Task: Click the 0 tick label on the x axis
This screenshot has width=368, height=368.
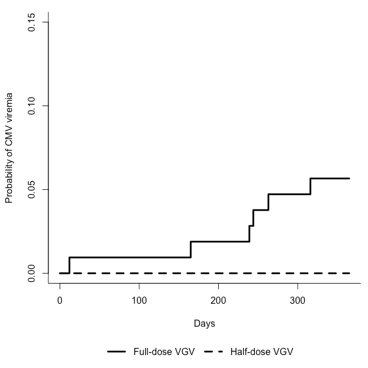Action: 60,300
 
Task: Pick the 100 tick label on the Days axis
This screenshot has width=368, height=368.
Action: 139,300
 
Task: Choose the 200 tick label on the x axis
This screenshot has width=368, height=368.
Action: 218,300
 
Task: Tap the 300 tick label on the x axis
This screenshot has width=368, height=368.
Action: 298,300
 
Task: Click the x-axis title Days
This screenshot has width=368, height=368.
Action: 204,324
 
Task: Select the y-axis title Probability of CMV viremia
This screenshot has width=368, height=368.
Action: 9,147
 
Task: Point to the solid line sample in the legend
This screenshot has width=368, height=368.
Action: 117,352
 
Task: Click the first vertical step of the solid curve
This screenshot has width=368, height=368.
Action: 70,265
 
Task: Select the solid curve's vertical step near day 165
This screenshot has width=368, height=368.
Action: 190,249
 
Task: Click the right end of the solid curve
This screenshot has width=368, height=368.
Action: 349,178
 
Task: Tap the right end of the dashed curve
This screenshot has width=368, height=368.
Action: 349,273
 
